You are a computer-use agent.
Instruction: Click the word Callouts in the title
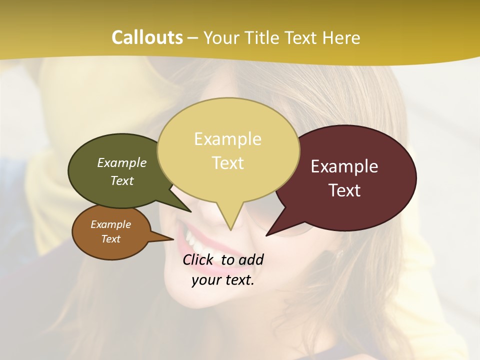[x=147, y=38]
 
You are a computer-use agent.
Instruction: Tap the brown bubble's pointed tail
[x=170, y=239]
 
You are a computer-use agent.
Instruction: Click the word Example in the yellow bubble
[x=227, y=139]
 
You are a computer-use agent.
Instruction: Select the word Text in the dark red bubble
[x=344, y=190]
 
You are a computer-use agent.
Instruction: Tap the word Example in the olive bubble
[x=121, y=163]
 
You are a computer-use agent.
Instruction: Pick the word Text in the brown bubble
[x=110, y=239]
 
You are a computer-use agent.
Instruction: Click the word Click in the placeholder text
[x=199, y=259]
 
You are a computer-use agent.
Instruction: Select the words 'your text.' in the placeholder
[x=222, y=280]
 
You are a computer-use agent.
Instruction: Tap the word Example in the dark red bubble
[x=344, y=166]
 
